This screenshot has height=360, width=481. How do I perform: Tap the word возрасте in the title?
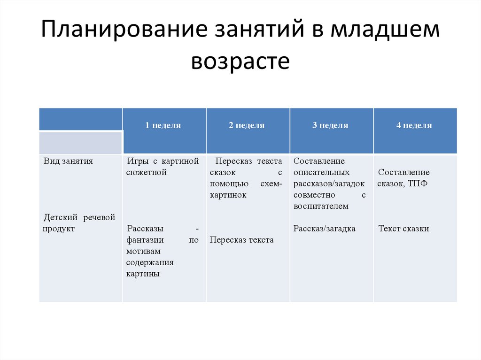click(240, 62)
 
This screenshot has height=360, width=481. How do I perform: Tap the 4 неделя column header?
click(414, 125)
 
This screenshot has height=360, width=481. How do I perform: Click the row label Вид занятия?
click(69, 161)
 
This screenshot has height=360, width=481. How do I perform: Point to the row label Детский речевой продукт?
click(78, 223)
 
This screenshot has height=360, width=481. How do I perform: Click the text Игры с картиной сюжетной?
click(162, 167)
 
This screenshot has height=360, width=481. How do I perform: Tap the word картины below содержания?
click(143, 274)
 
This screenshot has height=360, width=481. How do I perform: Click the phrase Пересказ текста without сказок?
click(241, 240)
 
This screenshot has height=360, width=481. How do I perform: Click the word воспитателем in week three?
click(321, 206)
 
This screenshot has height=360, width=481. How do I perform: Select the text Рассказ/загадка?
click(324, 229)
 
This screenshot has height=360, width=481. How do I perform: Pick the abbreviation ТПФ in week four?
click(418, 184)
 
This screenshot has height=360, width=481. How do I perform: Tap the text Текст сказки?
click(403, 229)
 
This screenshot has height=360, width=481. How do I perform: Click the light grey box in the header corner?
click(80, 143)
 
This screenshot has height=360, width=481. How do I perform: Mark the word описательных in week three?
click(321, 172)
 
